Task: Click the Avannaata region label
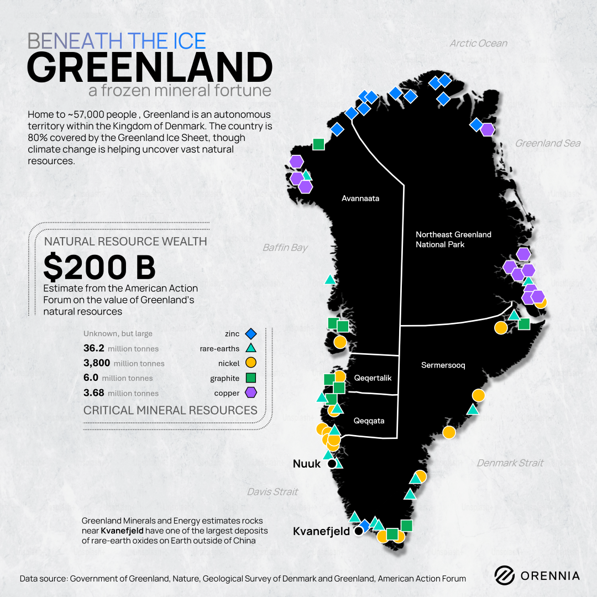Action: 360,198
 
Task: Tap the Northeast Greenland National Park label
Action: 453,239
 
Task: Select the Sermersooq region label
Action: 443,365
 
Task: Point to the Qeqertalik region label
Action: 373,378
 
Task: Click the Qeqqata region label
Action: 369,421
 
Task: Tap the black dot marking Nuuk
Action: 332,464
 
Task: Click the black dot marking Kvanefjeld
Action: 358,531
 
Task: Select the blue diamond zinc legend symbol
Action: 250,333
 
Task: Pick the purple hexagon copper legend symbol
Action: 250,393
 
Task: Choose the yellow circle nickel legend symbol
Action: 250,363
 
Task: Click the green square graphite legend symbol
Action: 250,378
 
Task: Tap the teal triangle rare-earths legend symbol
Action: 250,348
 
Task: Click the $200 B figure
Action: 99,268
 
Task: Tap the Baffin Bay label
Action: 285,248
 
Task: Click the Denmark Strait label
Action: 510,463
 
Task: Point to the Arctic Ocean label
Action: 478,43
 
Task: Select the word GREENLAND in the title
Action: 150,67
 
